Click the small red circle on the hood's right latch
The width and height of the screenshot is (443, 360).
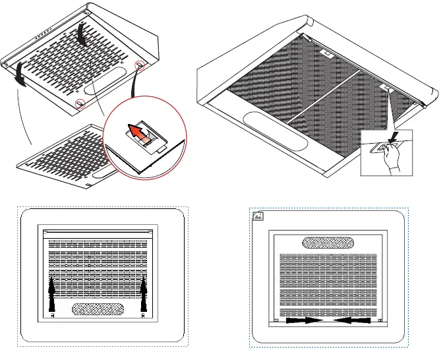coord(139,65)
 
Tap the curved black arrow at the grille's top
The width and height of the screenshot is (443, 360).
coord(83,32)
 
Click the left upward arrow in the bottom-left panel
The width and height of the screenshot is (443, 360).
coord(52,294)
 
